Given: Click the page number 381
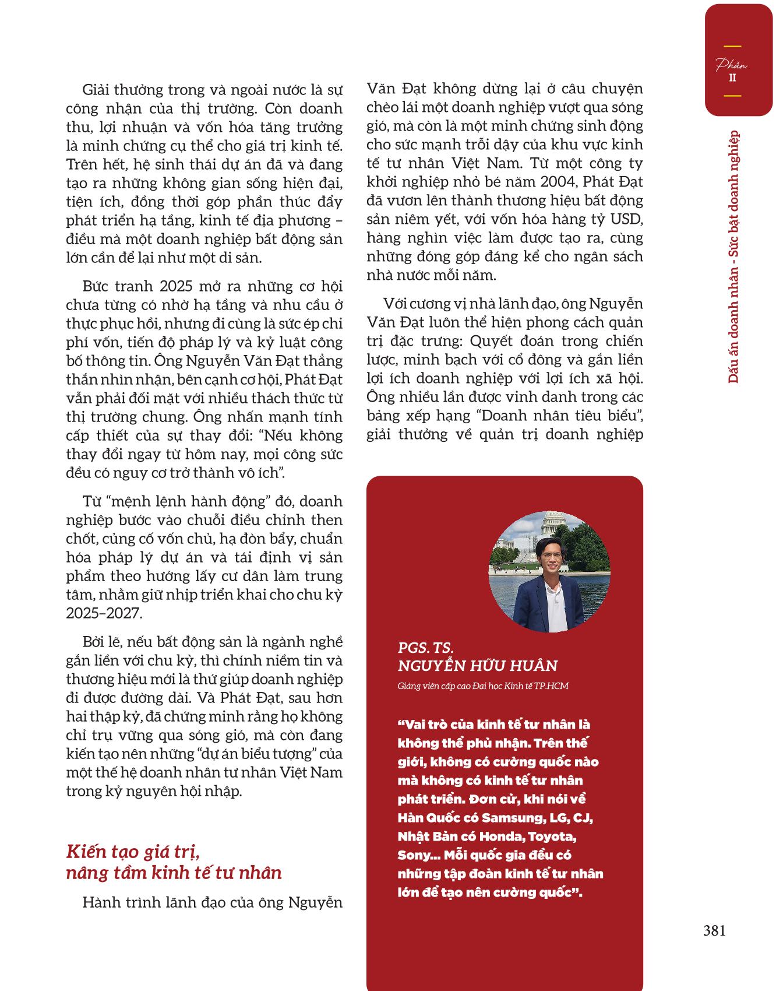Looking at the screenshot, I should (714, 930).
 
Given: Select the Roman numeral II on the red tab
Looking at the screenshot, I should (732, 78).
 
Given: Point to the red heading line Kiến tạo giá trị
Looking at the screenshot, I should (133, 852).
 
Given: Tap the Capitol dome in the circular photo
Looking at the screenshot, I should (551, 524).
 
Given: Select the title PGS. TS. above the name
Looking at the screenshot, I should (425, 647).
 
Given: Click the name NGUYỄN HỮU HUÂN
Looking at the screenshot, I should (478, 666).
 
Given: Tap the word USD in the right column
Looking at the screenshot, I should (627, 219).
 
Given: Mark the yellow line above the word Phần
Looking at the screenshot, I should (732, 46).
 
